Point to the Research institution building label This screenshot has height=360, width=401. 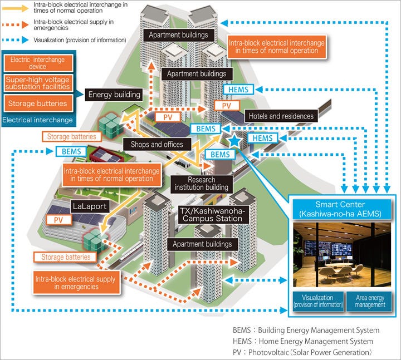pos(201,184)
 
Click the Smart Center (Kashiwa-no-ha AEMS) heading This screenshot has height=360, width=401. pos(339,209)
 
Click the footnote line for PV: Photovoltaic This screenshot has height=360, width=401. pos(302,353)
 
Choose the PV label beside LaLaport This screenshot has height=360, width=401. pos(58,220)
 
